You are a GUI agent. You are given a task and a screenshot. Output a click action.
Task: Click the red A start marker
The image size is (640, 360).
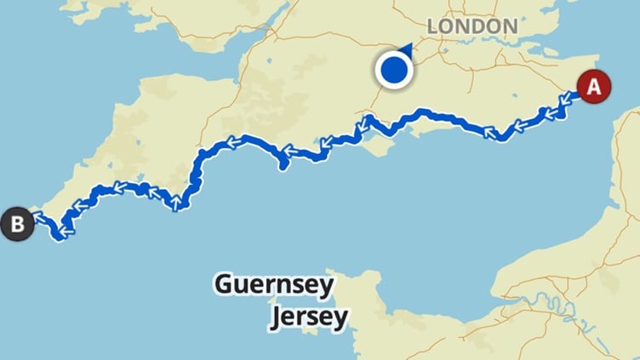pyautogui.click(x=593, y=86)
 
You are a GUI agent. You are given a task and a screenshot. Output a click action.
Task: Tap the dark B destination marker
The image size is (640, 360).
pyautogui.click(x=17, y=225)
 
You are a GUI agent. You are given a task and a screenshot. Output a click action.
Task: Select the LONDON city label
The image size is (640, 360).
pyautogui.click(x=472, y=26)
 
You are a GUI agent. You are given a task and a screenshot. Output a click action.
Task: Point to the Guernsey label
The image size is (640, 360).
pyautogui.click(x=273, y=284)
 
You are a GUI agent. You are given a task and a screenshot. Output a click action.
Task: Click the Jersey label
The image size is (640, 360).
pyautogui.click(x=309, y=317)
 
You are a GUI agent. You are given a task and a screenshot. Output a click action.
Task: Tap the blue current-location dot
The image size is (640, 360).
pyautogui.click(x=394, y=70)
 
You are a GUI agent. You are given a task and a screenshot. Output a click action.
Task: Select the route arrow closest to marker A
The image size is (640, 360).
pyautogui.click(x=564, y=104)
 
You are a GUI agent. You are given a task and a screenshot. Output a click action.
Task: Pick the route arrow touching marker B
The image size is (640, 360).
pyautogui.click(x=37, y=218)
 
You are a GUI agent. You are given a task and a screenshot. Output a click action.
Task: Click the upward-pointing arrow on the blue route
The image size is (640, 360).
pyautogui.click(x=176, y=203)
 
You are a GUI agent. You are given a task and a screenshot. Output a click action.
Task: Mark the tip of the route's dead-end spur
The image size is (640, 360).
pyautogui.click(x=282, y=168)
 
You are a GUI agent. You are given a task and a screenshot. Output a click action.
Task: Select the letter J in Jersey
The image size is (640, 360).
pyautogui.click(x=277, y=318)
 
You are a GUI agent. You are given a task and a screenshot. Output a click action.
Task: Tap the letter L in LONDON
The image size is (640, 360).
pyautogui.click(x=432, y=26)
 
